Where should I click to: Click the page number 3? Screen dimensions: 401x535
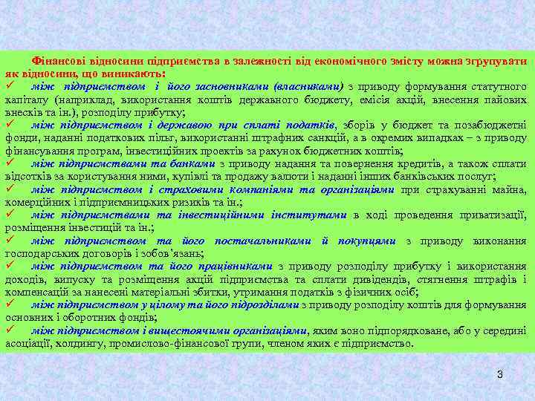500,374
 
